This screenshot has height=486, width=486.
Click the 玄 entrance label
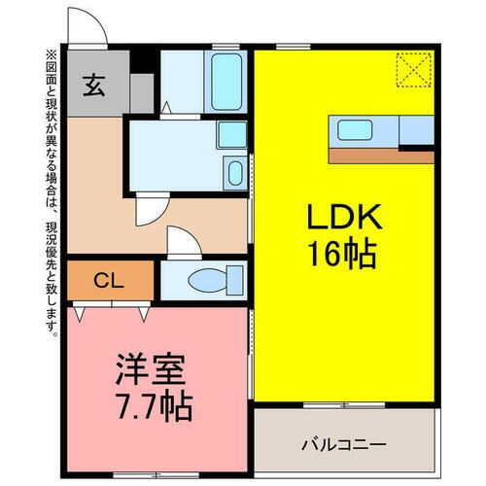pos(95,86)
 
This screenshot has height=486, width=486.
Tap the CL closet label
pos(108,280)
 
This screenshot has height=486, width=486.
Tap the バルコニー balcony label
pos(342,444)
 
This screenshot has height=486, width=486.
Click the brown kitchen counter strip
pos(379,155)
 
